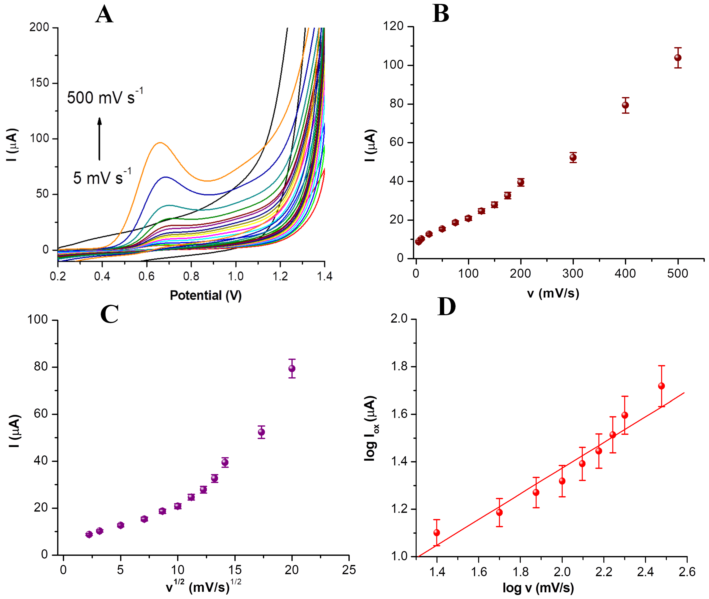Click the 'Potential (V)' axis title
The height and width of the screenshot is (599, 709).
coord(206,295)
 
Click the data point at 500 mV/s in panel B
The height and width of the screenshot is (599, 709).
coord(678,58)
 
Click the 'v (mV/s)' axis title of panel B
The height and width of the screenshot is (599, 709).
coord(553,293)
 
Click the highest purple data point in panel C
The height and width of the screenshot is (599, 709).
coord(292,369)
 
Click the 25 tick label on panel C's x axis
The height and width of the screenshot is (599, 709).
coord(349,570)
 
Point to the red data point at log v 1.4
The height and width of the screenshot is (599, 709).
coord(437,533)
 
